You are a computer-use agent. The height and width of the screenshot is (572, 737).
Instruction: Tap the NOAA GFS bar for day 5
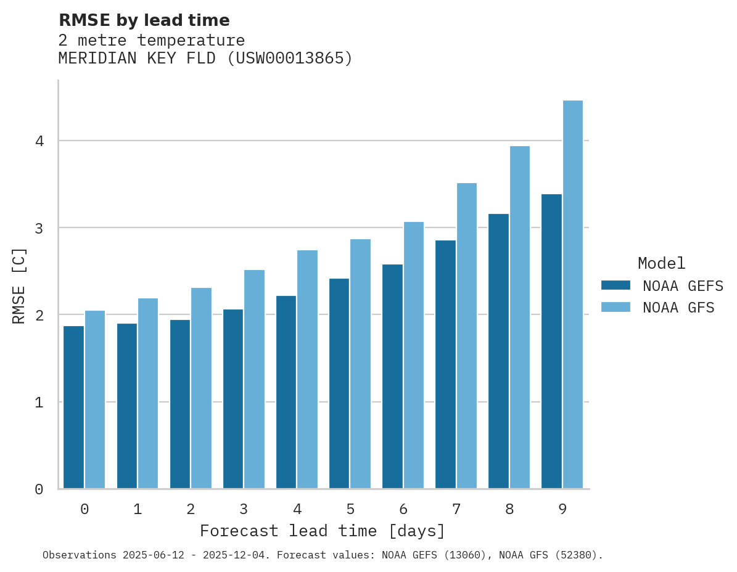pyautogui.click(x=361, y=364)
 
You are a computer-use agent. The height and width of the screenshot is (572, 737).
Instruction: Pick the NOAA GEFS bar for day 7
pyautogui.click(x=445, y=364)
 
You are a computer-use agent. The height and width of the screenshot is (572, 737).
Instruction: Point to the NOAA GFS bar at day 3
pyautogui.click(x=255, y=379)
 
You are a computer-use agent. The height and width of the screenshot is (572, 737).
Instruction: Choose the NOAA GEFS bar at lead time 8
pyautogui.click(x=498, y=351)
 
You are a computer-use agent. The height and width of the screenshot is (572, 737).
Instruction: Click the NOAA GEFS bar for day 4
pyautogui.click(x=286, y=392)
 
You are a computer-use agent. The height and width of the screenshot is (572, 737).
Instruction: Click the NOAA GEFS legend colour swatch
pyautogui.click(x=616, y=285)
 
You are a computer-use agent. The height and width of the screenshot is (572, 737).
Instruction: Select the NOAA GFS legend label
pyautogui.click(x=678, y=308)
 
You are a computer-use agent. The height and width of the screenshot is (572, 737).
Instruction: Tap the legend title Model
pyautogui.click(x=661, y=263)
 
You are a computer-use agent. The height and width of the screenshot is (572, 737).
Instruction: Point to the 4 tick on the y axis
pyautogui.click(x=39, y=141)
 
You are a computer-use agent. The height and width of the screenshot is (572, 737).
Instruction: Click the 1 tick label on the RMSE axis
pyautogui.click(x=39, y=402)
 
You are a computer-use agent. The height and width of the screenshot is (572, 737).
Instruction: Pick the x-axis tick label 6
pyautogui.click(x=403, y=509)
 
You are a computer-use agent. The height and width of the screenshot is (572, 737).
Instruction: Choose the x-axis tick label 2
pyautogui.click(x=191, y=509)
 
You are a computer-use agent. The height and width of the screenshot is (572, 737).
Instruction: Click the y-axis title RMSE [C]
pyautogui.click(x=20, y=285)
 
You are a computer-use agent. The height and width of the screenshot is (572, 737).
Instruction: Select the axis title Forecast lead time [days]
pyautogui.click(x=322, y=531)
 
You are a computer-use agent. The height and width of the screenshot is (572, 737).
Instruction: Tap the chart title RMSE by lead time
pyautogui.click(x=144, y=20)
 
